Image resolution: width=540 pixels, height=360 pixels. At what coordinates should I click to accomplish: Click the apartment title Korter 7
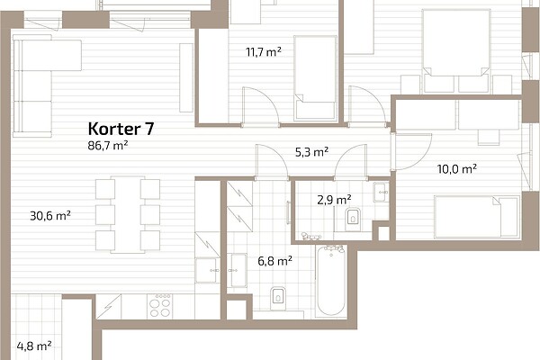click(x=121, y=129)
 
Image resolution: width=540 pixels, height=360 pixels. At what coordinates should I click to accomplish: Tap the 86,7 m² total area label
click(x=108, y=146)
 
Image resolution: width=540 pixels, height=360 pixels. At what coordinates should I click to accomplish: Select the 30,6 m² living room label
click(x=50, y=216)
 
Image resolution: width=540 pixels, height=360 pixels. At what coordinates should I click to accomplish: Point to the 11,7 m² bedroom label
click(x=264, y=52)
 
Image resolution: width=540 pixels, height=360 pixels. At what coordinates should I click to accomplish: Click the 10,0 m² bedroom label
click(x=457, y=169)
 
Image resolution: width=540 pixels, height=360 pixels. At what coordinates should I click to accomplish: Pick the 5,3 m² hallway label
click(x=311, y=152)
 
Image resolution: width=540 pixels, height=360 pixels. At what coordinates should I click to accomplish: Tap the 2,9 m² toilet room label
click(x=334, y=200)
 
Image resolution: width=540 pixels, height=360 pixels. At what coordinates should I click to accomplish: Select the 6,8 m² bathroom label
click(x=275, y=261)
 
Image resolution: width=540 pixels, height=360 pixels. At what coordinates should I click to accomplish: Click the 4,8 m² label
click(x=34, y=346)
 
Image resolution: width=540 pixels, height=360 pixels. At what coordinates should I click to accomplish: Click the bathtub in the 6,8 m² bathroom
click(x=331, y=281)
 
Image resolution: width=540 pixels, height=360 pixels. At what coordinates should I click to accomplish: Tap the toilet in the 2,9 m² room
click(x=352, y=218)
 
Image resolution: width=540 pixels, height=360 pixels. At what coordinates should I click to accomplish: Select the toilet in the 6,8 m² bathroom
click(x=278, y=296)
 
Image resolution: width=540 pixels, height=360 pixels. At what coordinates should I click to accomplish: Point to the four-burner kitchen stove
click(x=159, y=306)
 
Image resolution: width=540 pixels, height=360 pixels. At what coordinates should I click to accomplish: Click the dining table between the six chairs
click(x=128, y=214)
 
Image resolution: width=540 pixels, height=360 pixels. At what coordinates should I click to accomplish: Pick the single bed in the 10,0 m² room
click(x=477, y=217)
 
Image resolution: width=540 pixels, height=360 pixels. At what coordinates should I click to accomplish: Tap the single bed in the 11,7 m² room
click(x=316, y=78)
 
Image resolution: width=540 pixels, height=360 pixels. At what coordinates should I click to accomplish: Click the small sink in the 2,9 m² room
click(x=382, y=191)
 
